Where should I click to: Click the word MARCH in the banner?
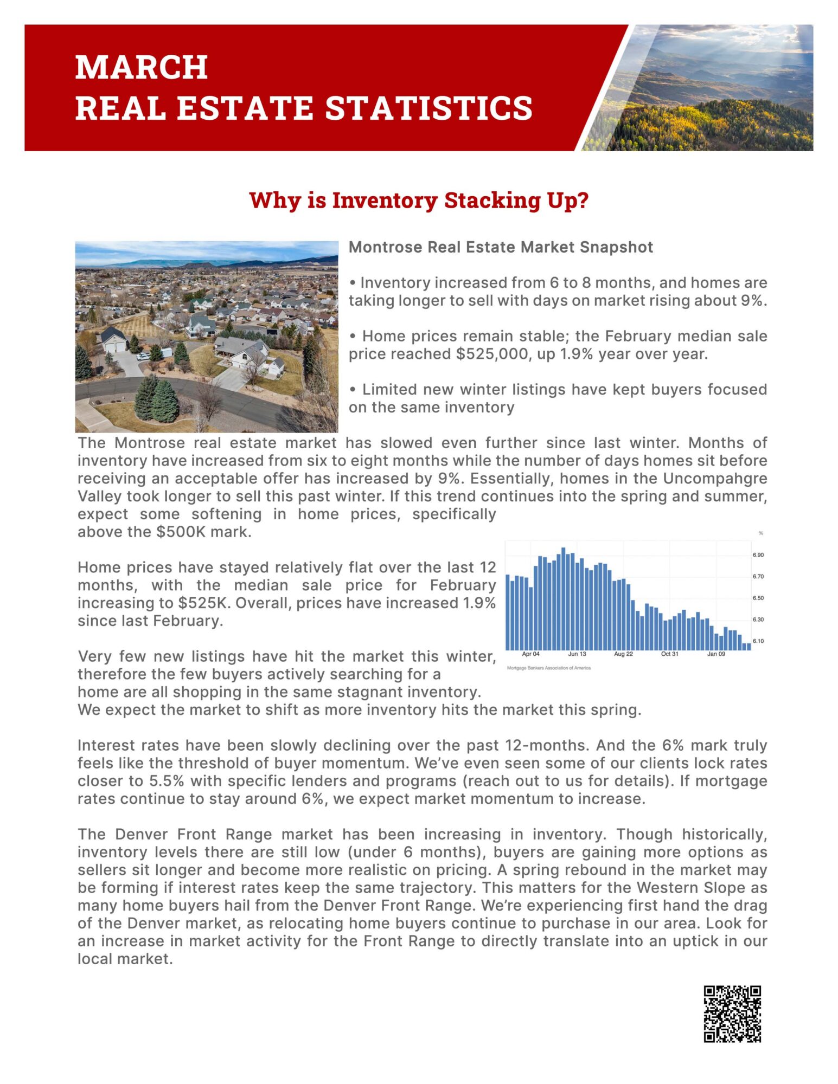tap(142, 67)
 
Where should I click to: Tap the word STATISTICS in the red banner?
tap(428, 108)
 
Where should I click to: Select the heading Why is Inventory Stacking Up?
tap(419, 200)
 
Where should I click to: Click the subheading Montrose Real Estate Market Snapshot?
tap(501, 247)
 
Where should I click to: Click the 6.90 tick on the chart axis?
tap(758, 555)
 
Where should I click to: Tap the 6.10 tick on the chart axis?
tap(758, 641)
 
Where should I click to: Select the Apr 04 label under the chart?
tap(530, 654)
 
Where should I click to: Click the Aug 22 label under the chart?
tap(623, 654)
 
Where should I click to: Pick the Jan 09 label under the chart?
tap(716, 654)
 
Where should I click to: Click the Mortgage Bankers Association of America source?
tap(548, 668)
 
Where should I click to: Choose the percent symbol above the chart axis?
tap(760, 533)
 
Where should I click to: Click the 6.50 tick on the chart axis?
tap(758, 598)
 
